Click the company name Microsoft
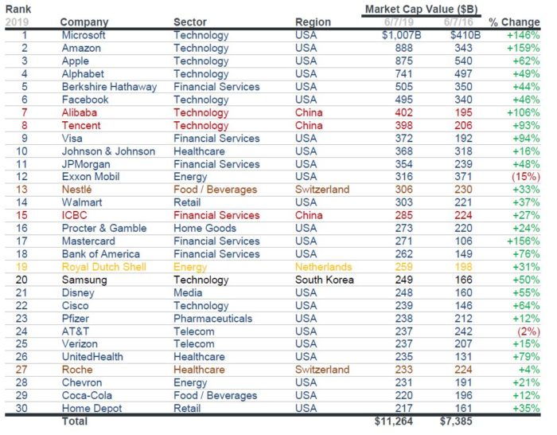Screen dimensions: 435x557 [x=84, y=36]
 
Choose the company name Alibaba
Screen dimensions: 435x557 [x=80, y=113]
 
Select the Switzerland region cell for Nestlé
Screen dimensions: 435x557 [x=322, y=190]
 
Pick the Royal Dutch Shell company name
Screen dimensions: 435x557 [x=104, y=267]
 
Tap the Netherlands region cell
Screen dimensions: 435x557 [x=324, y=267]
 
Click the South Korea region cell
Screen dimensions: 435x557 [x=324, y=280]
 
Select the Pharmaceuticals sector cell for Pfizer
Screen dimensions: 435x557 [x=211, y=318]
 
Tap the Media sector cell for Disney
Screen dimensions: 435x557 [x=188, y=292]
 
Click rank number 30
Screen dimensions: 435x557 [x=25, y=408]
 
